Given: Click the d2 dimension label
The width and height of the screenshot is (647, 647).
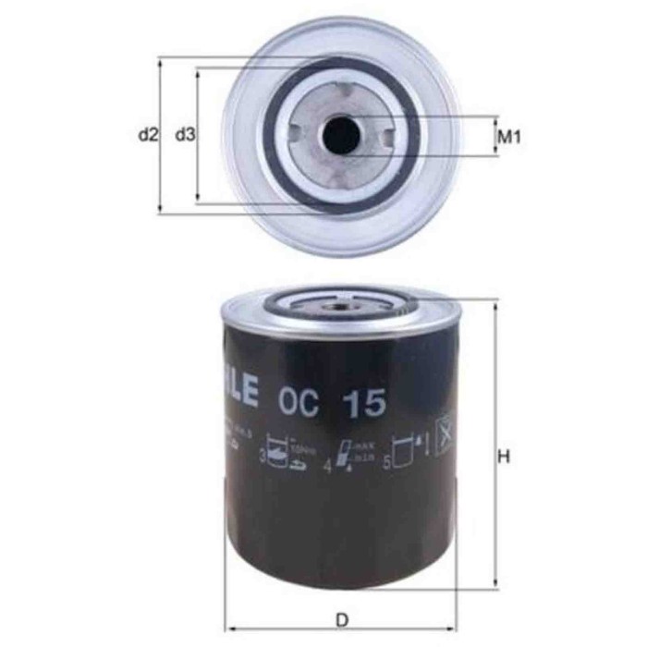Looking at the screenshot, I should tap(146, 136).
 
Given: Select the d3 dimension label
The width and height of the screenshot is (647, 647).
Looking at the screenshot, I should tap(185, 136).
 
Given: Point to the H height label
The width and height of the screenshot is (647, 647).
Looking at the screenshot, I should tap(505, 457).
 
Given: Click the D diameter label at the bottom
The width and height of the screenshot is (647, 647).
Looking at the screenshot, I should tap(343, 620).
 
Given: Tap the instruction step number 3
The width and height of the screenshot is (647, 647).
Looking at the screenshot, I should tap(261, 456).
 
